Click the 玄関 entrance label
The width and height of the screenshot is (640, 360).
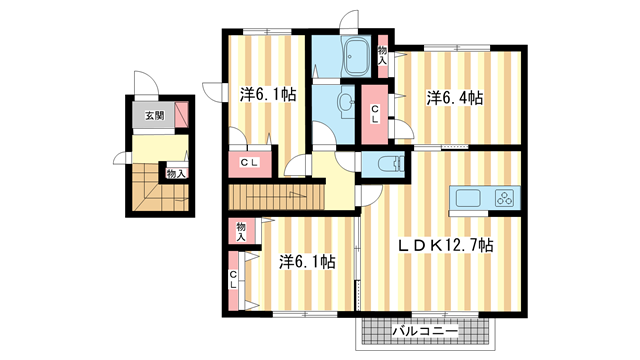tap(155, 115)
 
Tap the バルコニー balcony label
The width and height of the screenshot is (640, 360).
tap(425, 331)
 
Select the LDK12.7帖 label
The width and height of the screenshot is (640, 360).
tap(446, 244)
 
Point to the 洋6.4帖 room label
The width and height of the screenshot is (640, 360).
tap(455, 98)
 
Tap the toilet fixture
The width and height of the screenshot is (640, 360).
tap(390, 164)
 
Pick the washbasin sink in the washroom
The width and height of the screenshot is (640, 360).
tap(346, 101)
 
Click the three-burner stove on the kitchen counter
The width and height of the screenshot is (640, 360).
tap(505, 198)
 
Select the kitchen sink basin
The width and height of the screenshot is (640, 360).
tap(468, 198)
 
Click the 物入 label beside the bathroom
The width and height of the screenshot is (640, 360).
tap(382, 55)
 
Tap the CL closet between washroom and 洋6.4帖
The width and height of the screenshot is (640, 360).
tap(374, 114)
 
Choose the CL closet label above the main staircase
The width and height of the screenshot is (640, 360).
tap(249, 162)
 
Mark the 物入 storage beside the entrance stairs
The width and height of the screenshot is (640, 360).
tap(177, 173)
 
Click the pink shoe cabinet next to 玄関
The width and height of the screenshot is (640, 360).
tap(182, 115)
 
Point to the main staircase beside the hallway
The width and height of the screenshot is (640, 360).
tap(276, 197)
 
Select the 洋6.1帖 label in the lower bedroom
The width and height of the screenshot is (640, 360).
tap(307, 261)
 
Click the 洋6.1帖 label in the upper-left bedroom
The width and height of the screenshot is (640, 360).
tap(268, 95)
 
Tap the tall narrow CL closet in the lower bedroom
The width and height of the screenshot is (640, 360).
tap(233, 280)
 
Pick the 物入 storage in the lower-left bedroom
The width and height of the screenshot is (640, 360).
tap(241, 231)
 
